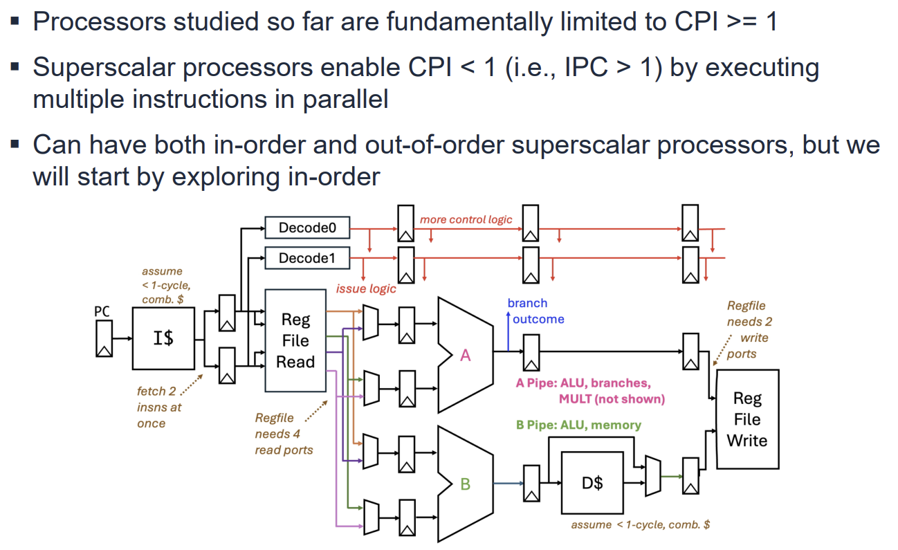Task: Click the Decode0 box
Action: (307, 227)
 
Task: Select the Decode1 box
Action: (307, 259)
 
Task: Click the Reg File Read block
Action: (295, 340)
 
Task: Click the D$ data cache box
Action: (592, 483)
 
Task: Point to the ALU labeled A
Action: (465, 354)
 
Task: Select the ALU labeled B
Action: (465, 484)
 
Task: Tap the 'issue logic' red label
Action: (366, 288)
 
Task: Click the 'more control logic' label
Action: (466, 219)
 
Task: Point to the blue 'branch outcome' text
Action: (536, 311)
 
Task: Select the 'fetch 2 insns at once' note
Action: (159, 407)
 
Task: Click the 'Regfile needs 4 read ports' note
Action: (284, 434)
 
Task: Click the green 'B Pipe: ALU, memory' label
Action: (578, 425)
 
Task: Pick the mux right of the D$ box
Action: (652, 476)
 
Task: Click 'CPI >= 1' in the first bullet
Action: (726, 21)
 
